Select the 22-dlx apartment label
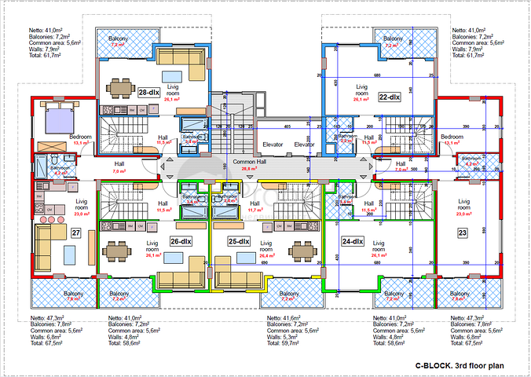[389, 97]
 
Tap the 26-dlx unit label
[181, 241]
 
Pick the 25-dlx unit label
[238, 241]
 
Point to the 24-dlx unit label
[352, 241]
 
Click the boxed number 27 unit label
[76, 233]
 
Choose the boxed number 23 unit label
[462, 233]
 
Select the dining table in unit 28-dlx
[119, 86]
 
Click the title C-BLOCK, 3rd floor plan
[460, 366]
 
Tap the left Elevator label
[273, 145]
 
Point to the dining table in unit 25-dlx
[302, 251]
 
